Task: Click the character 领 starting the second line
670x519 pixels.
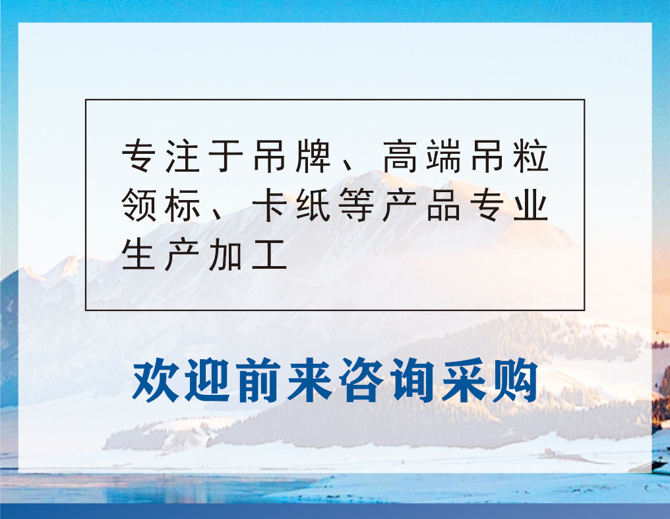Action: (x=139, y=206)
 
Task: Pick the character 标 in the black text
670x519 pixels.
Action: (x=183, y=206)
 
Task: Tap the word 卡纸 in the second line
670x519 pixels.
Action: (x=292, y=206)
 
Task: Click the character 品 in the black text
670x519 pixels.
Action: (x=444, y=206)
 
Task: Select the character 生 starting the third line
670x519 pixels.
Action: (x=139, y=255)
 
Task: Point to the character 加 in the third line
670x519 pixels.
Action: (x=227, y=255)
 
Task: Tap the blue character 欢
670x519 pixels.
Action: (x=157, y=382)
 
